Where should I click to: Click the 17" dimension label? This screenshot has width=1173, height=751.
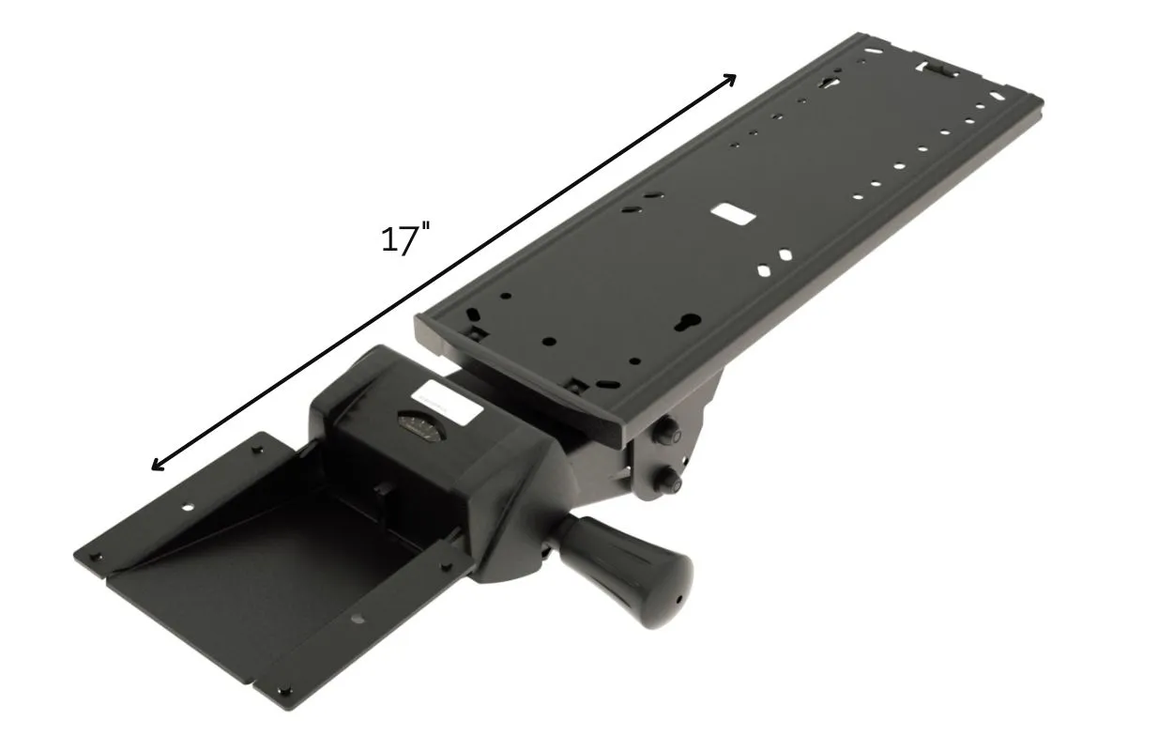[x=405, y=240]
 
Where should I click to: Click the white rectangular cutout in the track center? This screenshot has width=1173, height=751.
[x=733, y=214]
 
